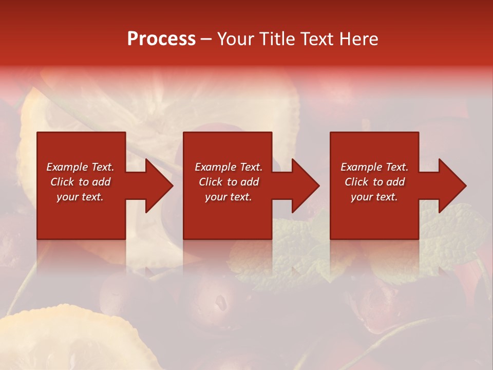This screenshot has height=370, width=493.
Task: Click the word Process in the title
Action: [x=161, y=39]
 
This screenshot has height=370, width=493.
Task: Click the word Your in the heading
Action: [x=236, y=39]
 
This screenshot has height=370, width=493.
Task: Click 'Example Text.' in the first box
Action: [x=80, y=167]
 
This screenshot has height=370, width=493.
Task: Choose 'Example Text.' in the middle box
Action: [x=229, y=167]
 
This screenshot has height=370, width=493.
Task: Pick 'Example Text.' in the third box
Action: [x=374, y=167]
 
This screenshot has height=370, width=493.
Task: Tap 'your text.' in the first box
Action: [x=80, y=197]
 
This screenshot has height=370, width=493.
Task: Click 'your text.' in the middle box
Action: [x=229, y=197]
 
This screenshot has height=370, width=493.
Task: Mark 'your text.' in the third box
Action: [x=374, y=197]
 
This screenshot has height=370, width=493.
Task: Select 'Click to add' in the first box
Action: [x=80, y=182]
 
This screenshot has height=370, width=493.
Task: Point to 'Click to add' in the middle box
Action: [x=229, y=182]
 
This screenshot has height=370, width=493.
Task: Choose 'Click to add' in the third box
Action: [x=374, y=182]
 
